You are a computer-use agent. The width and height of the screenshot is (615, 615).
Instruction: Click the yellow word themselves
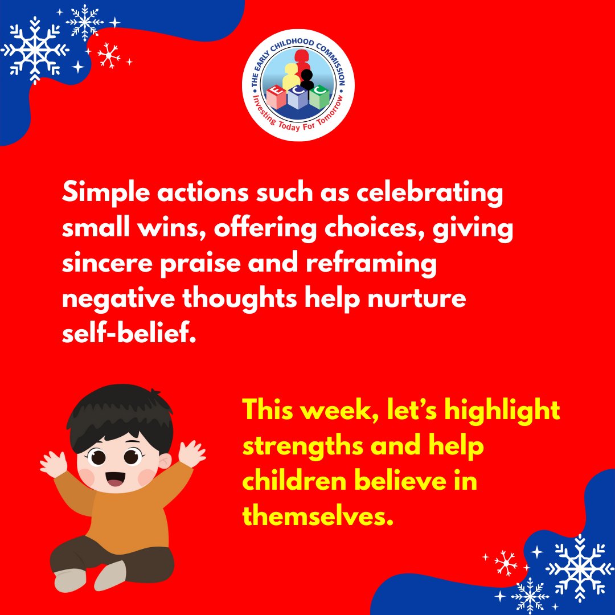click(x=318, y=516)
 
